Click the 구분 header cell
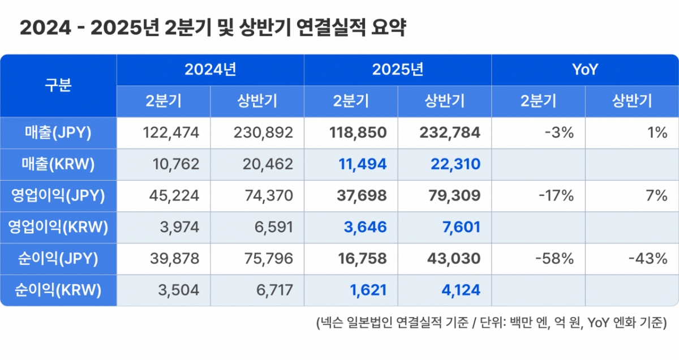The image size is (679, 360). pos(58,86)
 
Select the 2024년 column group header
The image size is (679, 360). pos(210,70)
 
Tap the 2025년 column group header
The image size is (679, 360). pos(397,70)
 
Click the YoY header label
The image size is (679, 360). pos(585,70)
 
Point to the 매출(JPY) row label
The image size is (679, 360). pos(58,133)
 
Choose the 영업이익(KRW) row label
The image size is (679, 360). pos(58,228)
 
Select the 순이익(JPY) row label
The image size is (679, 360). pos(58,259)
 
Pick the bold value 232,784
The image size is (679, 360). pos(450,133)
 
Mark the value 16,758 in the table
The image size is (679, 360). pos(358,259)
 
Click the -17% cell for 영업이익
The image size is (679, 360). pos(557,196)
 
